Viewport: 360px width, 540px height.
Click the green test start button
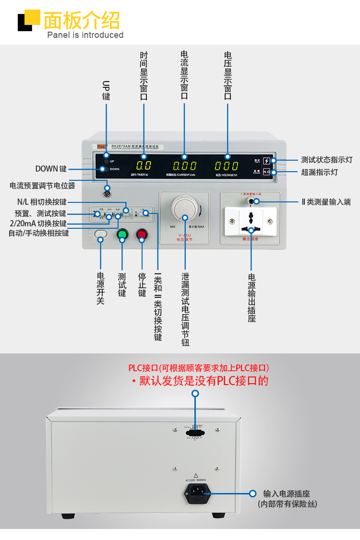[122, 235]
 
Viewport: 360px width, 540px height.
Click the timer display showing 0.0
[144, 166]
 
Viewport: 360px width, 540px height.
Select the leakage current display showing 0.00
[185, 166]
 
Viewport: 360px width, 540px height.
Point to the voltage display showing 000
[227, 166]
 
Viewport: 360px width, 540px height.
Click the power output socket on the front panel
[251, 222]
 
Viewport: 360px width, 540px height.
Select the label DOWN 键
[51, 169]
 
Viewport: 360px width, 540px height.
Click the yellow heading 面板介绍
[82, 20]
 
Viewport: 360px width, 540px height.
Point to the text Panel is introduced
[85, 35]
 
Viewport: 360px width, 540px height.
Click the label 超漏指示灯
[319, 172]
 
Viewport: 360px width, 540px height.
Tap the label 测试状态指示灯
[326, 160]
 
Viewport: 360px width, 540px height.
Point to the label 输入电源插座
[287, 493]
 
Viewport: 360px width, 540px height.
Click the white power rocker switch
[100, 235]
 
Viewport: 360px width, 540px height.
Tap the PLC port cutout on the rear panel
[195, 432]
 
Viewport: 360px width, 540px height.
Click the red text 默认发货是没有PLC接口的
[204, 381]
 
